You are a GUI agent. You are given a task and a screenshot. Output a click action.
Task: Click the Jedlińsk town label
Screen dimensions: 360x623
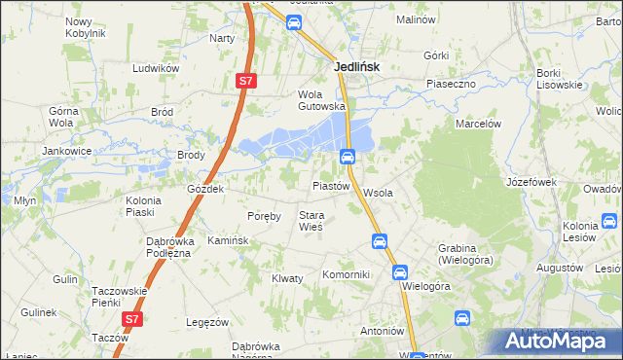(x=356, y=67)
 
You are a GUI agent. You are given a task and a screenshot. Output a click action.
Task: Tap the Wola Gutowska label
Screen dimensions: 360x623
(x=322, y=100)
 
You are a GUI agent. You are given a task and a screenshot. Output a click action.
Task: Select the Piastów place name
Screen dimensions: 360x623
(x=330, y=186)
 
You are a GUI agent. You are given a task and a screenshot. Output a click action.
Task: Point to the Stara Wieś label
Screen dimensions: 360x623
(x=311, y=221)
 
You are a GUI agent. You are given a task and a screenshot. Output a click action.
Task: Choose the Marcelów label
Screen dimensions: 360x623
(x=478, y=124)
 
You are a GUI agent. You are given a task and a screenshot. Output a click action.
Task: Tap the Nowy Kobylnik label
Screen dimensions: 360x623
(x=85, y=27)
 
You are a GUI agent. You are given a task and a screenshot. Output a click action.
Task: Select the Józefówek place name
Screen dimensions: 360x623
(x=531, y=182)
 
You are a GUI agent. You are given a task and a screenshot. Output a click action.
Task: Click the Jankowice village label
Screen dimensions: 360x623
(x=66, y=152)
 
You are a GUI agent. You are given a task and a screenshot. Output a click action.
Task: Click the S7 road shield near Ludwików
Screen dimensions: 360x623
(x=245, y=83)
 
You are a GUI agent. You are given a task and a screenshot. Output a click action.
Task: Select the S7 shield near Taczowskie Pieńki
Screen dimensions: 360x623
(x=132, y=318)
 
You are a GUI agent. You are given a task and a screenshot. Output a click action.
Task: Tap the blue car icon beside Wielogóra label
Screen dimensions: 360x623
(x=400, y=273)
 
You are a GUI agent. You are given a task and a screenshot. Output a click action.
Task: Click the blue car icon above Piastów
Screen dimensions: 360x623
(x=347, y=157)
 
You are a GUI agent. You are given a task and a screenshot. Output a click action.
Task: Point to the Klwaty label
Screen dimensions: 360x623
(x=287, y=278)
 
